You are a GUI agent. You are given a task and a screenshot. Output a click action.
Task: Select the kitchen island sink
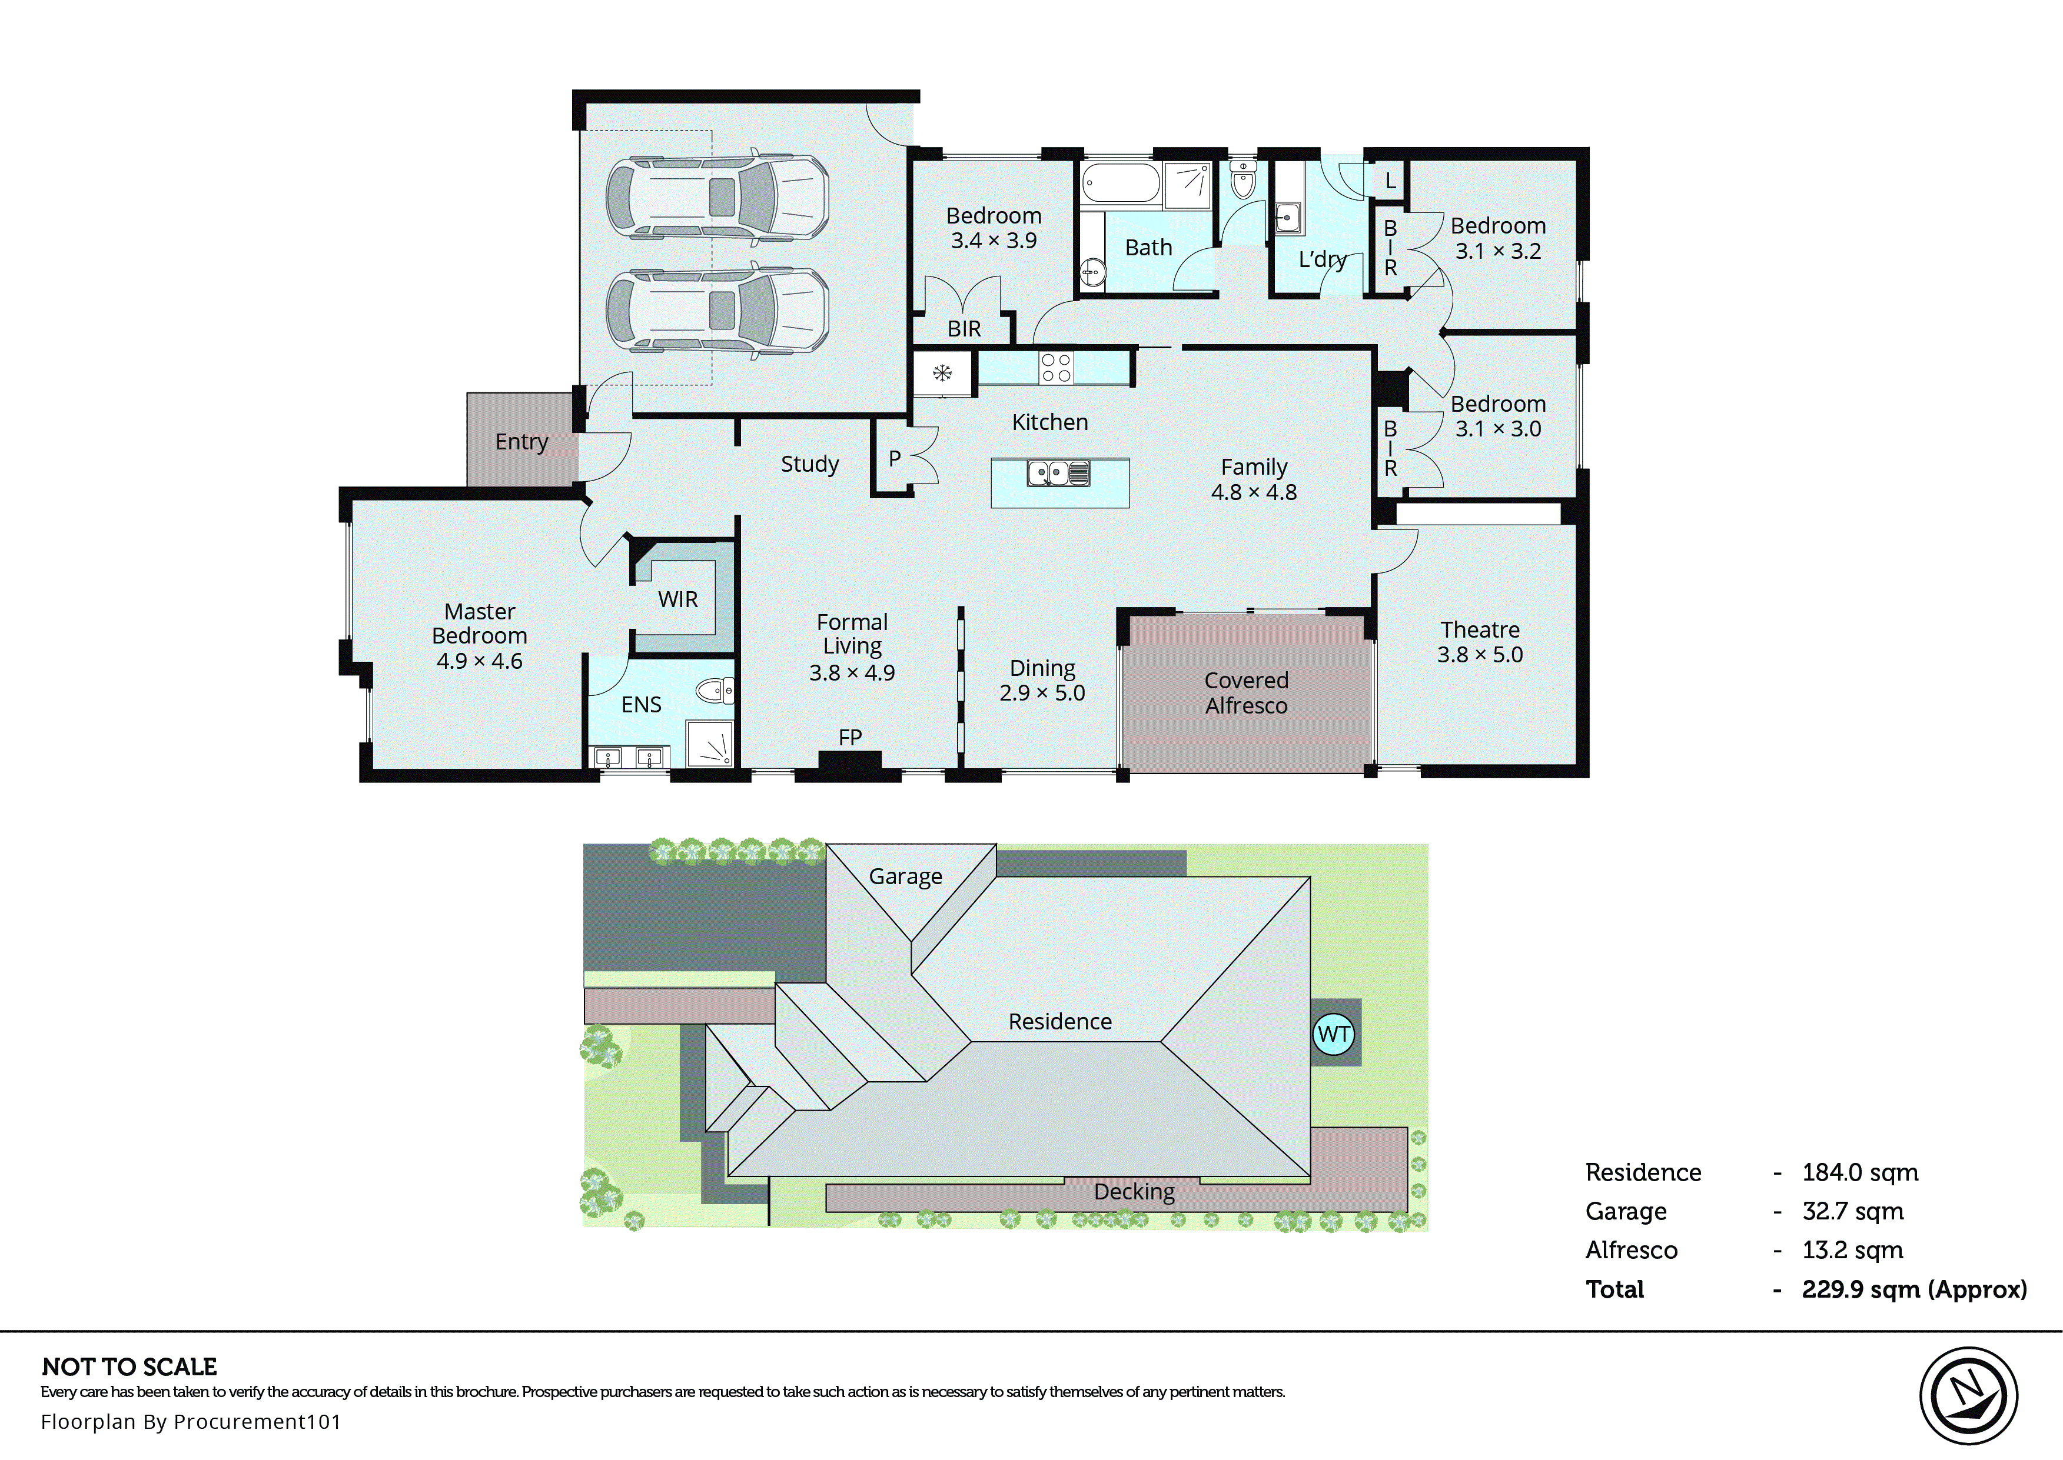pos(1058,473)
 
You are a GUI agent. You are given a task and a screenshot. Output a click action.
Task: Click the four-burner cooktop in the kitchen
pos(1056,368)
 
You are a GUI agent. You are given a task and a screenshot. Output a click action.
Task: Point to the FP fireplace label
pos(850,737)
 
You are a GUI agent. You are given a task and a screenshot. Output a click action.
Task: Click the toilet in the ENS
pos(716,691)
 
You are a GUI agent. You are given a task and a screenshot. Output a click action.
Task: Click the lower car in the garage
pos(717,310)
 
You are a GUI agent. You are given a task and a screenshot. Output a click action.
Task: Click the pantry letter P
pos(894,458)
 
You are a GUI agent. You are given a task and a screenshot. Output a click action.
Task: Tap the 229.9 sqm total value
pos(1913,1289)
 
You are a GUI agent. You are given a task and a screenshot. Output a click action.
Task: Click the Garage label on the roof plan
pos(905,876)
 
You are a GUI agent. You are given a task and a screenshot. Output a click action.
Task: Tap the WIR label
pos(677,599)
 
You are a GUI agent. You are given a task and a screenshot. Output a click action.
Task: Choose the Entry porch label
pos(521,441)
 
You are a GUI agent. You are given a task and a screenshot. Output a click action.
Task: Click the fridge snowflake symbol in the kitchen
pos(942,372)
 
